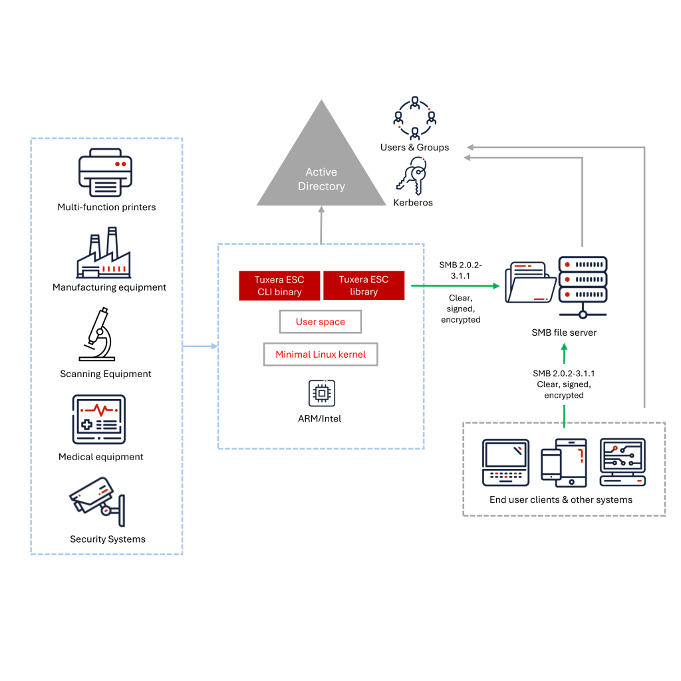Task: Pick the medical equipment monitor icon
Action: (x=99, y=420)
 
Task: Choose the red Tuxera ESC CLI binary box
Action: (x=279, y=285)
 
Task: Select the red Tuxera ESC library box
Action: (x=364, y=285)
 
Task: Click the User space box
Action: (x=320, y=322)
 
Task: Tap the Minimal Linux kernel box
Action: (x=320, y=354)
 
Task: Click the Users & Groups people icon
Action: (x=414, y=118)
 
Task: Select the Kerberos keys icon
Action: (x=412, y=176)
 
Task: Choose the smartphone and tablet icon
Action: (x=563, y=461)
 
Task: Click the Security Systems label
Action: (x=107, y=539)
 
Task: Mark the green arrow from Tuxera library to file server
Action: (x=456, y=286)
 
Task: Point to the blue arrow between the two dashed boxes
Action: (x=200, y=346)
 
